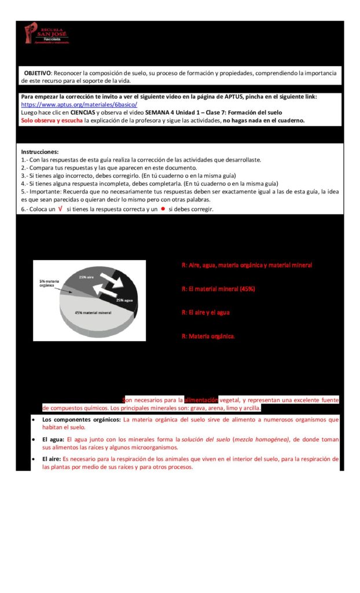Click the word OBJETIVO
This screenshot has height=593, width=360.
(x=38, y=73)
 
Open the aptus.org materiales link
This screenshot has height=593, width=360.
(x=79, y=105)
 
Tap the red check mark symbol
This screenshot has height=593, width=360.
(x=60, y=209)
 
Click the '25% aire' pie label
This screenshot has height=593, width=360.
(x=87, y=277)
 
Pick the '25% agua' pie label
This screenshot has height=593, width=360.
(x=126, y=300)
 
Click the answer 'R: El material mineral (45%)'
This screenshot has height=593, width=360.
(x=218, y=288)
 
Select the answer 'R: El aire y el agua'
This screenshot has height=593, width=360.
(x=205, y=312)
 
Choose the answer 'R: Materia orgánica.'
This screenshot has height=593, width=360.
(x=208, y=336)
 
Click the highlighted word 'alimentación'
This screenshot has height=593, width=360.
(x=201, y=400)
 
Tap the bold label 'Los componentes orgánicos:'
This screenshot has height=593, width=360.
(x=82, y=419)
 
